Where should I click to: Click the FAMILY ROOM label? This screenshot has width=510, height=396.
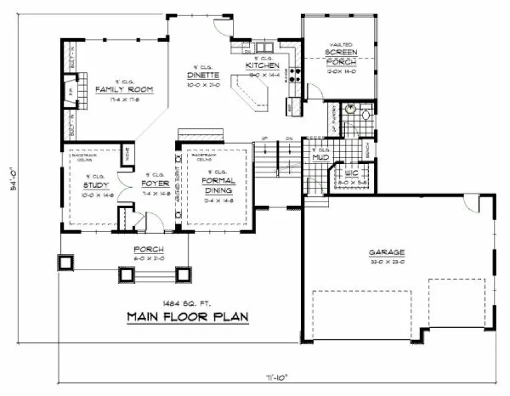124,89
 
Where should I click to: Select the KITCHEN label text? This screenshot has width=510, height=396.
259,65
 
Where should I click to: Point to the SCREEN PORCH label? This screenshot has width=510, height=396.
341,56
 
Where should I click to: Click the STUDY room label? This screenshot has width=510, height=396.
96,184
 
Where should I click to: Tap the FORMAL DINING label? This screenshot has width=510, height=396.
218,185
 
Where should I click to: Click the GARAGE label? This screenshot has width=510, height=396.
387,252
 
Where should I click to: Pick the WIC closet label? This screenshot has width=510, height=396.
351,174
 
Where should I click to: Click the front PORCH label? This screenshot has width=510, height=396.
149,249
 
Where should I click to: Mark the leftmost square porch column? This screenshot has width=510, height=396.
64,263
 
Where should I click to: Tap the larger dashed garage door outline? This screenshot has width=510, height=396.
362,315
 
